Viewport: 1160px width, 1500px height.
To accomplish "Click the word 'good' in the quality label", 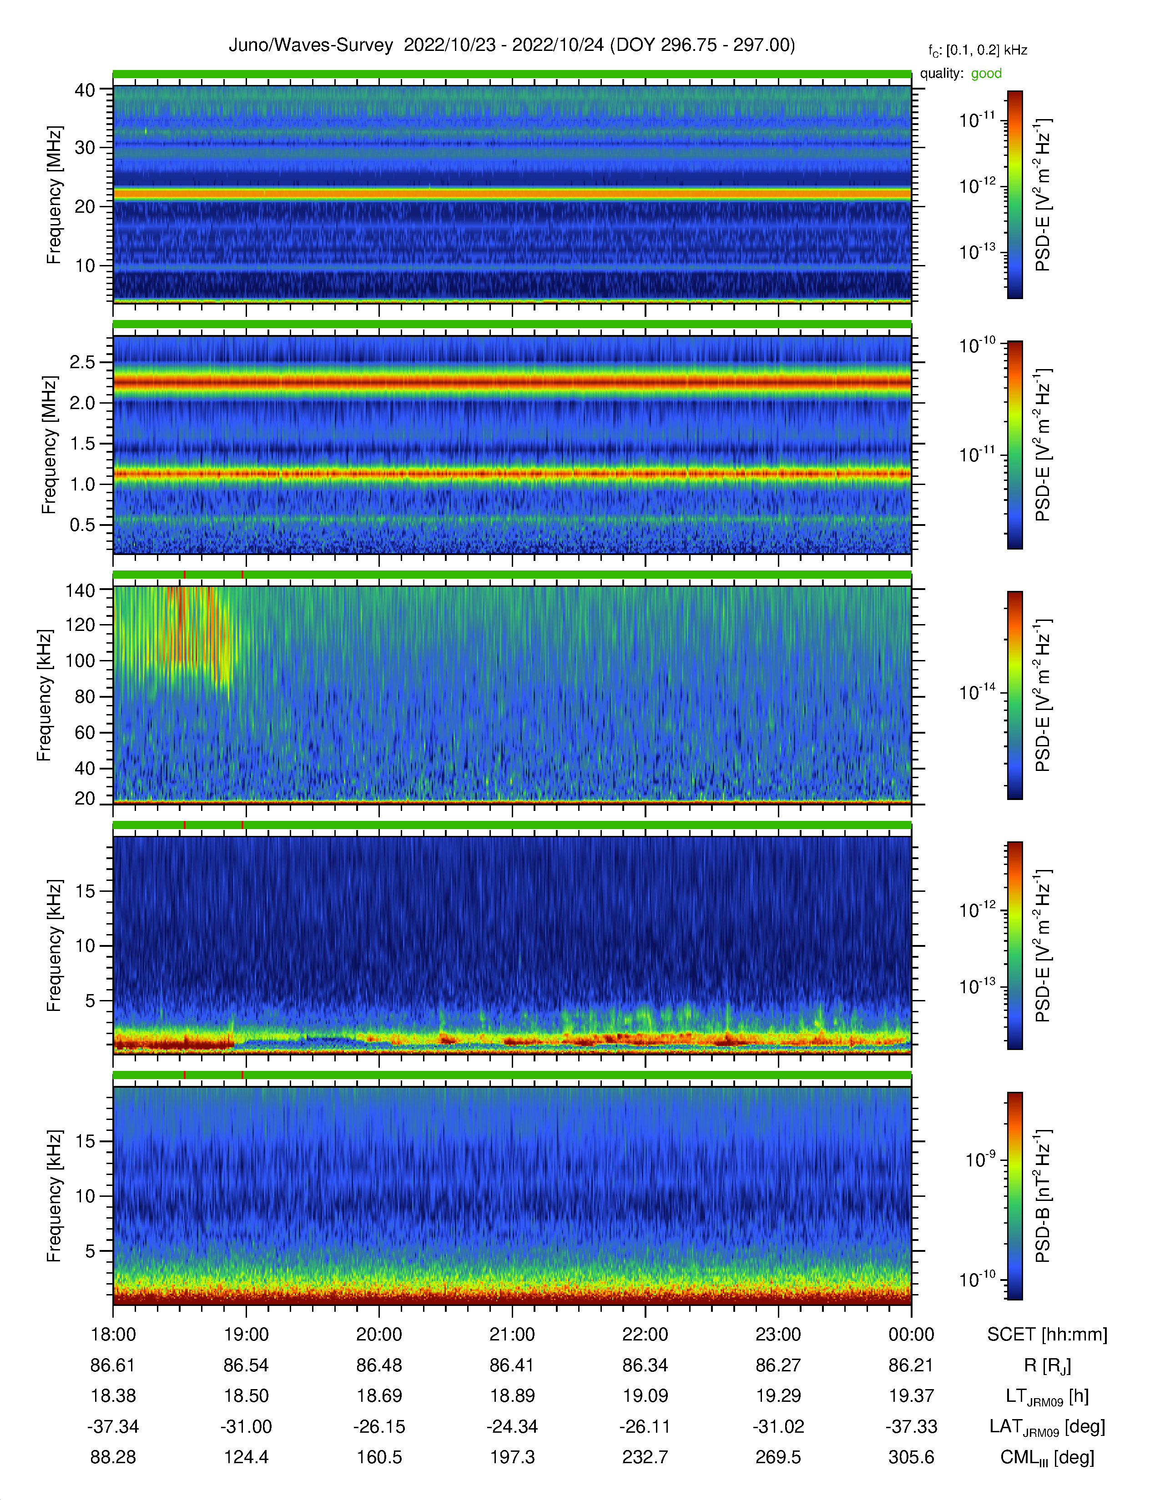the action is coord(986,74).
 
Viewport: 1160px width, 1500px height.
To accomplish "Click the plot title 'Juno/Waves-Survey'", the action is coord(311,45).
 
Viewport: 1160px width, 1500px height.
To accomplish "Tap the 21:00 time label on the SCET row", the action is coord(512,1335).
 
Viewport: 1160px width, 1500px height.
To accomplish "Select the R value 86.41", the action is coord(512,1365).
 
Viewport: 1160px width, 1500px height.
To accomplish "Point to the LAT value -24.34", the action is coord(512,1426).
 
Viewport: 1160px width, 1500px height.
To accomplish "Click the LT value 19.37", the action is coord(911,1395).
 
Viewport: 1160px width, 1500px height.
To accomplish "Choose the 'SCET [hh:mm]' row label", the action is coord(1047,1335).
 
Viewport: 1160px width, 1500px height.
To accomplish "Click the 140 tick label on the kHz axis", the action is coord(80,590).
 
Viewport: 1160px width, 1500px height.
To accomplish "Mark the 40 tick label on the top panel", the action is coord(85,90).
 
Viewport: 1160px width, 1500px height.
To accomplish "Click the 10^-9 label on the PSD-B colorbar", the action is coord(981,1159).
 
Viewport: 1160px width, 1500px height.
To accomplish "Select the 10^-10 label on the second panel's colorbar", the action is coord(977,345).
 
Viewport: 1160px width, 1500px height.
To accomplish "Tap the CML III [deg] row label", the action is coord(1047,1457).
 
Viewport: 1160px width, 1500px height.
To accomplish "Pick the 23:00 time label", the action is coord(778,1335).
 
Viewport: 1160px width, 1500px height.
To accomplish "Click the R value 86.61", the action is coord(113,1365).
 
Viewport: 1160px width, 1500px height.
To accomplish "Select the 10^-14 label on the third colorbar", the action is coord(977,692).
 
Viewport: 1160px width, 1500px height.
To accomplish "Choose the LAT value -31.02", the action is coord(778,1426).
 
